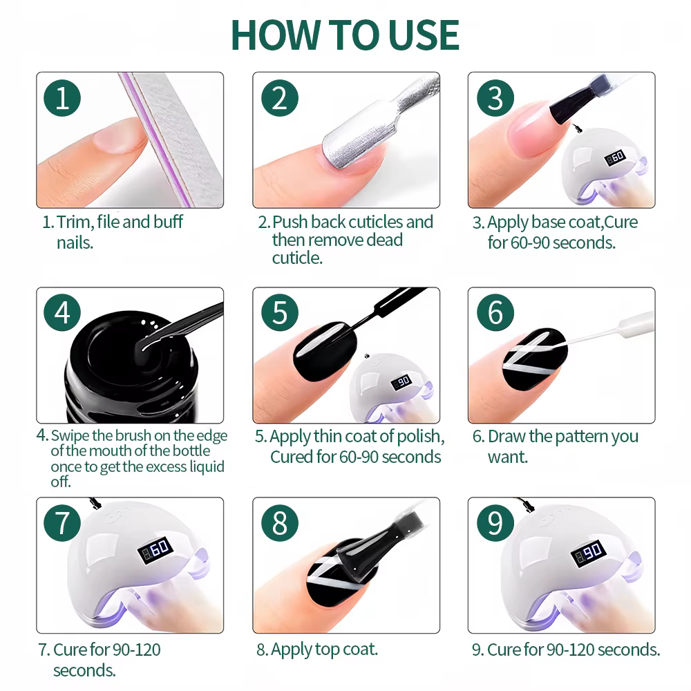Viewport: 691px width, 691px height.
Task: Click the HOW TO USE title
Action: pos(345,35)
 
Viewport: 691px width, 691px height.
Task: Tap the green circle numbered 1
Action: pos(62,98)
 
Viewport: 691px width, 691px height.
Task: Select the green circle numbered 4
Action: pos(62,312)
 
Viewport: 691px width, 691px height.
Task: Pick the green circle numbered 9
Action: pos(495,523)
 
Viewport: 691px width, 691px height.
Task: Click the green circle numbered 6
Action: pos(495,312)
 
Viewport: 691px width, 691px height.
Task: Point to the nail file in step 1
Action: pos(172,140)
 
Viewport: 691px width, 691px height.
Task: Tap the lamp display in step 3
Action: pos(616,157)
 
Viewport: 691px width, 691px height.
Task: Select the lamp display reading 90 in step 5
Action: pos(401,381)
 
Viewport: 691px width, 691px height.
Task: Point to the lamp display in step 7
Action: pos(155,549)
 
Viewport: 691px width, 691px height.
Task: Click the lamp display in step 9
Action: pos(588,553)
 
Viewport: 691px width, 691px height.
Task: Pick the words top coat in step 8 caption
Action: pos(346,650)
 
